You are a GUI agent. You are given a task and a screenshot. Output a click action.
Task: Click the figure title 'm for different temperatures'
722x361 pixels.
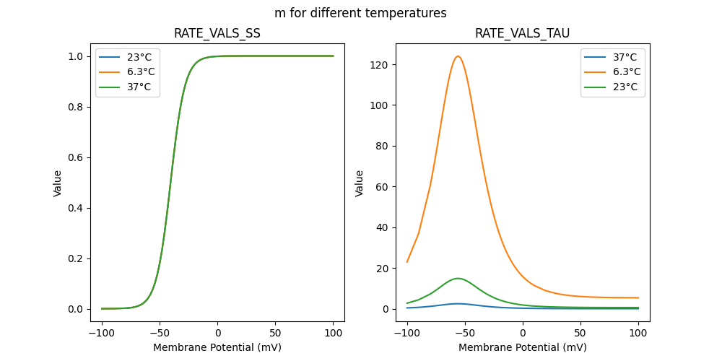click(360, 13)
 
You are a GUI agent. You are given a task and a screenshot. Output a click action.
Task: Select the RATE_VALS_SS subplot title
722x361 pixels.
click(217, 33)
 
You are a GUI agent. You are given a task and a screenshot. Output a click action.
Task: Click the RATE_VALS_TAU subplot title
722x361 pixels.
click(522, 33)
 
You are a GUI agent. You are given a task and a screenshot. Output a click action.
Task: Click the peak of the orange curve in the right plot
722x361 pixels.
click(458, 56)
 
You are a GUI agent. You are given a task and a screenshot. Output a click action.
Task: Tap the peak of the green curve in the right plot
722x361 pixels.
click(458, 278)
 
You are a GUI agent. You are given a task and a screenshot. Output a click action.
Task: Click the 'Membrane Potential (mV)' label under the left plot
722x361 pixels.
click(217, 347)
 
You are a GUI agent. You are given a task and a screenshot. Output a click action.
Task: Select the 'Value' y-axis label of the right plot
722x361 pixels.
click(359, 183)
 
